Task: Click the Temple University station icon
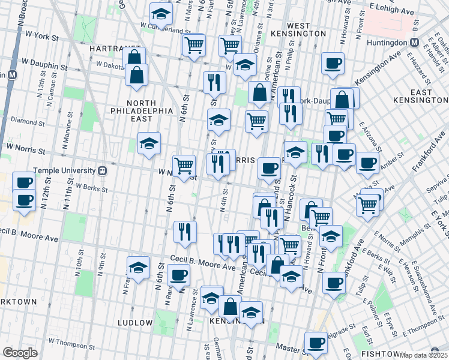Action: pos(103,170)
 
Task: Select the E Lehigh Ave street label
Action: pos(393,10)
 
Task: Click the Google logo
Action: pos(20,353)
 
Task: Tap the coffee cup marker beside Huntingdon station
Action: pos(333,64)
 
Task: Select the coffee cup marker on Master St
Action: pos(316,343)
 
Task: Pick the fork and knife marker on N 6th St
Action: pos(185,230)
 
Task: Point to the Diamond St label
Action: pos(24,121)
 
